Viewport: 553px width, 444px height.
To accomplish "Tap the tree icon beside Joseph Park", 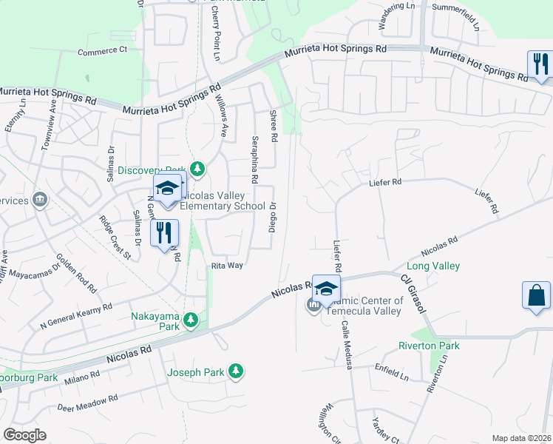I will (x=236, y=371).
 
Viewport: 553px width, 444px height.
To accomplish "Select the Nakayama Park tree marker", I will (x=191, y=320).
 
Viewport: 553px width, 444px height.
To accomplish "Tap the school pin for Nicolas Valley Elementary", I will (x=167, y=189).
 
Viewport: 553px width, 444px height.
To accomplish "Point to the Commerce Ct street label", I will (x=103, y=50).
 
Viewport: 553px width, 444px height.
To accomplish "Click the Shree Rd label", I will (x=273, y=126).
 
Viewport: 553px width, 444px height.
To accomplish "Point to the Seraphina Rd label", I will (x=254, y=159).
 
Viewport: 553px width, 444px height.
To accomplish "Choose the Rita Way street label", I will (x=227, y=265).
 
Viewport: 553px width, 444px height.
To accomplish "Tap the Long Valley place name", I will (x=433, y=266).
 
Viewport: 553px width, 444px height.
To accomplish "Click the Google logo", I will (x=24, y=435).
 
